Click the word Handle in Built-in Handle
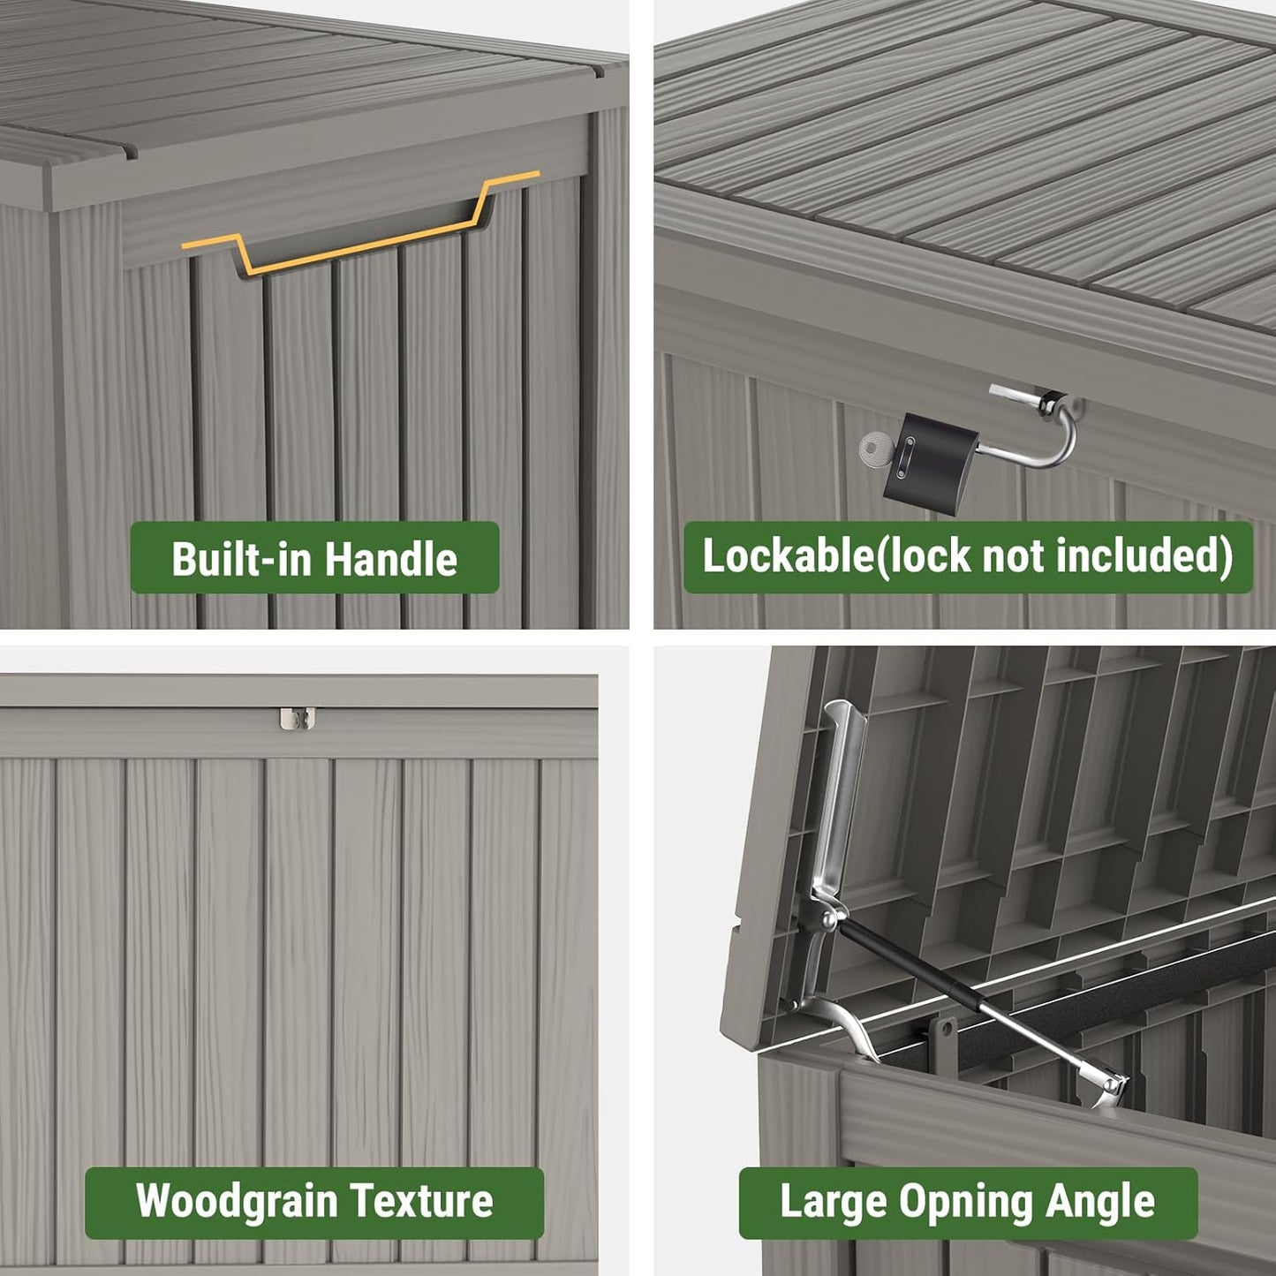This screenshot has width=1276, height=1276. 391,559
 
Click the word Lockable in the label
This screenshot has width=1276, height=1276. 787,556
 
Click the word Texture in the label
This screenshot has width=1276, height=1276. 421,1202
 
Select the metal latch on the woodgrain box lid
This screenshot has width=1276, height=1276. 298,717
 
